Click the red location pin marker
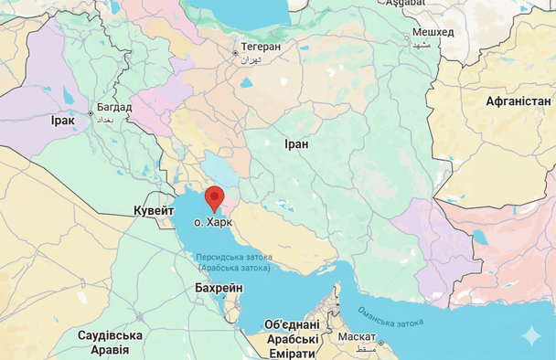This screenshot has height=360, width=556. click(214, 197)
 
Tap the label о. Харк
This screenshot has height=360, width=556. click(213, 222)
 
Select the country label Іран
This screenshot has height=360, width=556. click(296, 144)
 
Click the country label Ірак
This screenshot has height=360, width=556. click(63, 120)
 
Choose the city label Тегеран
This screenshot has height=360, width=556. click(262, 46)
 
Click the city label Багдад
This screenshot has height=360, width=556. click(114, 107)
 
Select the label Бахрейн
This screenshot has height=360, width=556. click(219, 288)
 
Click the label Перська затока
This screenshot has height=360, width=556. click(233, 258)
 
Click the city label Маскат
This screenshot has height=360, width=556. click(356, 336)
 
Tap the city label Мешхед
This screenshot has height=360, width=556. click(433, 33)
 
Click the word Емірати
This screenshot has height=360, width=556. click(293, 354)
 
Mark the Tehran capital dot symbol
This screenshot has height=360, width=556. click(235, 52)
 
